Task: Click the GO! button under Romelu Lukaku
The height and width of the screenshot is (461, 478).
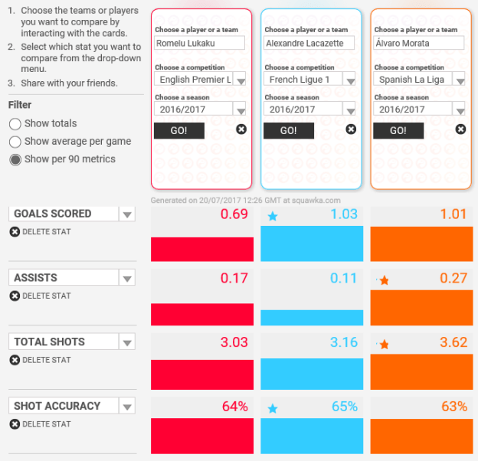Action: pos(179,130)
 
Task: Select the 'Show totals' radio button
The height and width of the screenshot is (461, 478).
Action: pos(15,123)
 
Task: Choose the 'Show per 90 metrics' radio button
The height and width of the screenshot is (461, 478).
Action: pos(15,159)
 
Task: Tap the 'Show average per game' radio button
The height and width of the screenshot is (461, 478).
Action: pos(15,142)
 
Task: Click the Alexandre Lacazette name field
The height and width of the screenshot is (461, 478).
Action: pos(309,43)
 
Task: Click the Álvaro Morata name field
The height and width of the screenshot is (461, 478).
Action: pos(419,43)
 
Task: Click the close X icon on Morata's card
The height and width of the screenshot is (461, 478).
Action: pos(460,129)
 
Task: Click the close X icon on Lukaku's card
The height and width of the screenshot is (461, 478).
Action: pos(241,129)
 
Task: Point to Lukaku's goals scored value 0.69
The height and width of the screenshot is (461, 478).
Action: pos(234,214)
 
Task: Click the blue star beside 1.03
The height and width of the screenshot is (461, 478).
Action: pos(272,217)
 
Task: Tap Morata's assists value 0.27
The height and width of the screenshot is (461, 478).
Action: pos(453,278)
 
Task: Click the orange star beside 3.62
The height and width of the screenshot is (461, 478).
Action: pos(384,345)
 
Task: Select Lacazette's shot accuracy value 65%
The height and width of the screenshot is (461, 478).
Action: pos(344,407)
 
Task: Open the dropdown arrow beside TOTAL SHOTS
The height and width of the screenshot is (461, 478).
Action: pos(127,343)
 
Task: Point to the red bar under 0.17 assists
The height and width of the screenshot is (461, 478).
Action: pos(202,313)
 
